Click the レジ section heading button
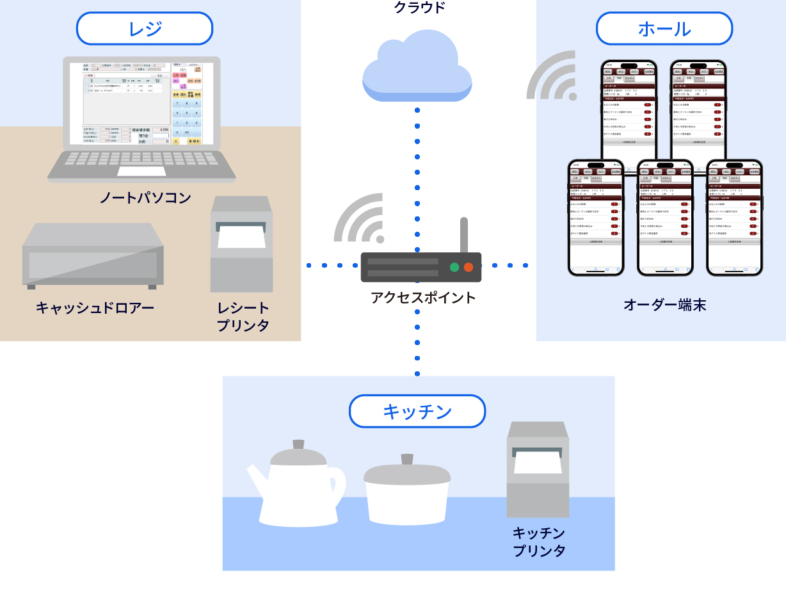[x=144, y=29]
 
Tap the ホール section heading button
[x=664, y=29]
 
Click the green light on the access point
[x=454, y=267]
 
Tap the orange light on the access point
[x=469, y=267]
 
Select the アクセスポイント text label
[x=423, y=298]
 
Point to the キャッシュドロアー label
[x=95, y=309]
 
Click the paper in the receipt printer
[x=241, y=236]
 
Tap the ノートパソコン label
[x=145, y=198]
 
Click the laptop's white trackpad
[x=141, y=171]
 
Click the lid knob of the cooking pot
[x=407, y=459]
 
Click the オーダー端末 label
[x=664, y=305]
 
